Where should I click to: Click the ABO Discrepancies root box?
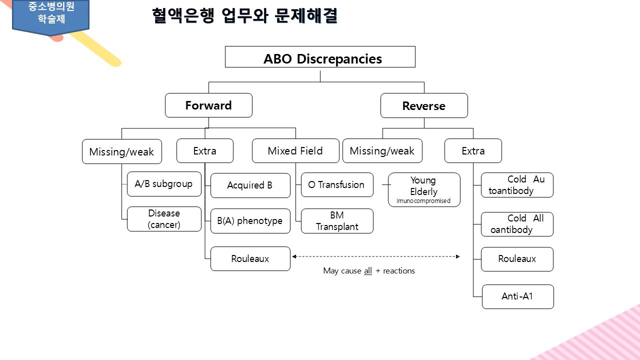pyautogui.click(x=320, y=57)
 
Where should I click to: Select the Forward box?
pyautogui.click(x=208, y=105)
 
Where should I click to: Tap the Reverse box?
pyautogui.click(x=424, y=106)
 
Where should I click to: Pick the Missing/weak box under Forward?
pyautogui.click(x=121, y=151)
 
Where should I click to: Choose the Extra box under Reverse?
pyautogui.click(x=473, y=151)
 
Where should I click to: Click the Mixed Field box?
pyautogui.click(x=295, y=151)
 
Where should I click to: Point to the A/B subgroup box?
pyautogui.click(x=163, y=184)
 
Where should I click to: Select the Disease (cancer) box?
pyautogui.click(x=164, y=219)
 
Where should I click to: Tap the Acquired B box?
pyautogui.click(x=250, y=185)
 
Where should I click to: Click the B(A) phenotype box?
pyautogui.click(x=250, y=221)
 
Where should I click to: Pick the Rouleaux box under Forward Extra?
pyautogui.click(x=250, y=259)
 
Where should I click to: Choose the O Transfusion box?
pyautogui.click(x=336, y=185)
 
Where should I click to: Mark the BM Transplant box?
pyautogui.click(x=337, y=221)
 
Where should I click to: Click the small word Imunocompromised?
pyautogui.click(x=423, y=201)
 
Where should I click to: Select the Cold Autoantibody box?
pyautogui.click(x=517, y=185)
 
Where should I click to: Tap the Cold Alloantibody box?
pyautogui.click(x=517, y=224)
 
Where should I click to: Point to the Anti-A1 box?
pyautogui.click(x=517, y=296)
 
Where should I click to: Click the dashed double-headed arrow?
pyautogui.click(x=375, y=256)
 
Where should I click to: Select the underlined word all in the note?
pyautogui.click(x=367, y=271)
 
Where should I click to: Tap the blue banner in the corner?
pyautogui.click(x=50, y=15)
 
